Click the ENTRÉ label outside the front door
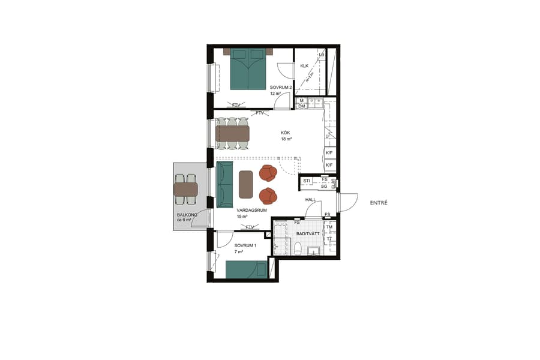tap(378, 203)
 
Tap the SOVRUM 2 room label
tap(281, 87)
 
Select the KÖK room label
tap(286, 133)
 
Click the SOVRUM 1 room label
tap(245, 246)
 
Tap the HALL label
tap(310, 200)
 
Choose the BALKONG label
tap(184, 215)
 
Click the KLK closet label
tap(304, 66)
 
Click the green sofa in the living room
tap(224, 184)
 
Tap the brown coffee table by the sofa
tap(246, 184)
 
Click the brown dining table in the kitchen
tap(232, 133)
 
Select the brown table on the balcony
tap(186, 190)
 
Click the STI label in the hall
tap(307, 181)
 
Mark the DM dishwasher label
tap(302, 106)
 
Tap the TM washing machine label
tap(329, 227)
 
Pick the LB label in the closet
tap(322, 55)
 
